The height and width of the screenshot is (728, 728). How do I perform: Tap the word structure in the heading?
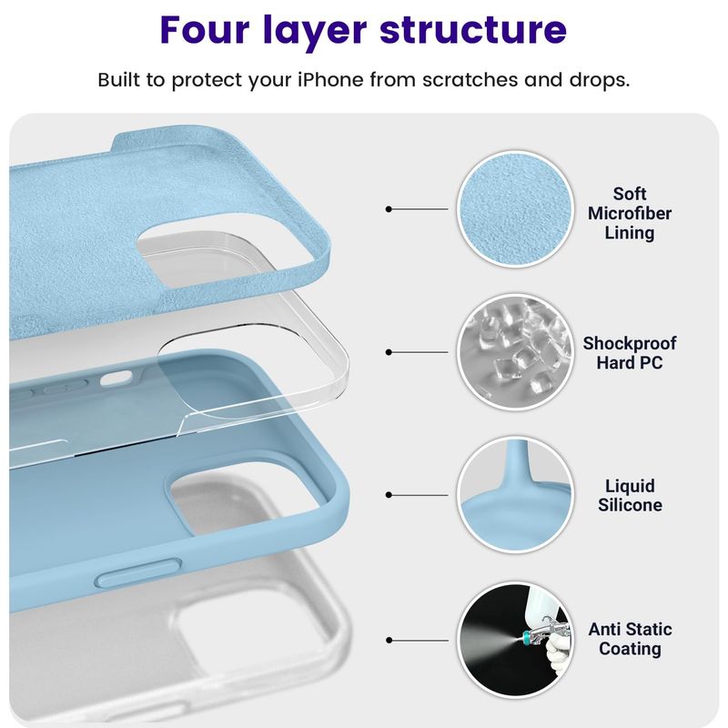(x=473, y=30)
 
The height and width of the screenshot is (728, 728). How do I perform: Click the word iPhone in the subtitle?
(x=330, y=79)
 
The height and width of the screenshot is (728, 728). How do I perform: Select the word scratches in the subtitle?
(x=470, y=79)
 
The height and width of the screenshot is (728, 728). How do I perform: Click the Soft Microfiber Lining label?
(x=629, y=213)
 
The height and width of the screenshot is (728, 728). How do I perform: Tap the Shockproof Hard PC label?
(x=629, y=352)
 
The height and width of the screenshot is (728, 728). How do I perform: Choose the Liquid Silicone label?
(x=630, y=495)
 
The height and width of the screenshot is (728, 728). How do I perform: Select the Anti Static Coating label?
(x=630, y=639)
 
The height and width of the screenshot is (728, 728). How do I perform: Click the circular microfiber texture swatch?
(x=515, y=209)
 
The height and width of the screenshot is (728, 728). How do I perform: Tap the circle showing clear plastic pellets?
(x=515, y=352)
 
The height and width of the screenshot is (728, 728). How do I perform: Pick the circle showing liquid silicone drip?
(x=515, y=495)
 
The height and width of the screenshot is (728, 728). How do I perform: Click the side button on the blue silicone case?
(x=138, y=573)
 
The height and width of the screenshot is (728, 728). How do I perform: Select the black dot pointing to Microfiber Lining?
(x=389, y=209)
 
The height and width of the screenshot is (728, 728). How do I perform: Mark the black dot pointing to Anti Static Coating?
(x=389, y=641)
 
